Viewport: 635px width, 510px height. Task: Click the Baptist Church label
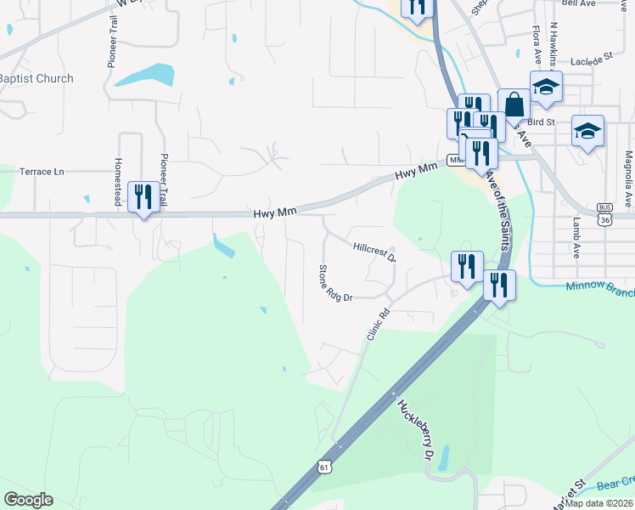tap(37, 78)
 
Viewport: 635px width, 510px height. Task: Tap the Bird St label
tap(540, 122)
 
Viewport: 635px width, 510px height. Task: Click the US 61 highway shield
tap(324, 465)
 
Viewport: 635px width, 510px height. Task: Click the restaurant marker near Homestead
tap(140, 196)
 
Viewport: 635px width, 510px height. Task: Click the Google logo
tap(29, 500)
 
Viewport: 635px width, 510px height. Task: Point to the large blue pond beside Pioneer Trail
tap(144, 75)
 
